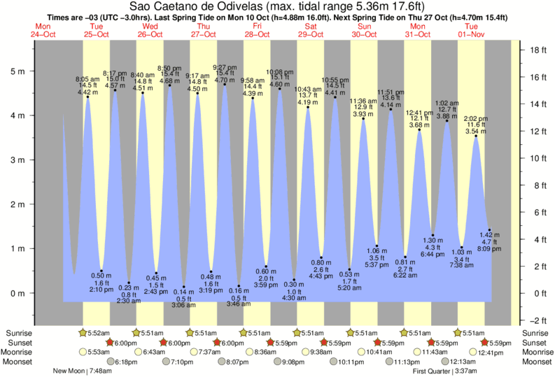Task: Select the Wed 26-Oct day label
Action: pyautogui.click(x=149, y=30)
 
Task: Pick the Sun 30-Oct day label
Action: pyautogui.click(x=365, y=30)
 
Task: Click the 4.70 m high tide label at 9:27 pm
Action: pyautogui.click(x=224, y=80)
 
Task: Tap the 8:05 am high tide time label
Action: pyautogui.click(x=87, y=80)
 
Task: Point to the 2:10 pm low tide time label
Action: pyautogui.click(x=101, y=289)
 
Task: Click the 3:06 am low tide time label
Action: pyautogui.click(x=183, y=305)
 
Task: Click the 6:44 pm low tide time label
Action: pyautogui.click(x=433, y=254)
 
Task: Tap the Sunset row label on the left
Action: pyautogui.click(x=19, y=342)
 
